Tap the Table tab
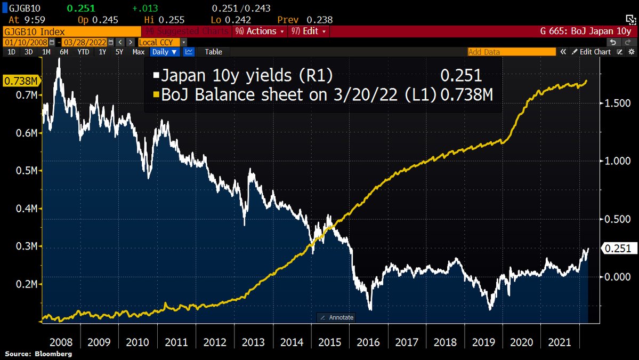click(213, 52)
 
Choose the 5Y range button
click(120, 52)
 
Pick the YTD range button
click(83, 52)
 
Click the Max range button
click(139, 52)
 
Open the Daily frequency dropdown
click(165, 52)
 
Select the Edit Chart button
click(592, 52)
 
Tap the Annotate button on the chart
click(337, 317)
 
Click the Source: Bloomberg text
click(38, 354)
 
